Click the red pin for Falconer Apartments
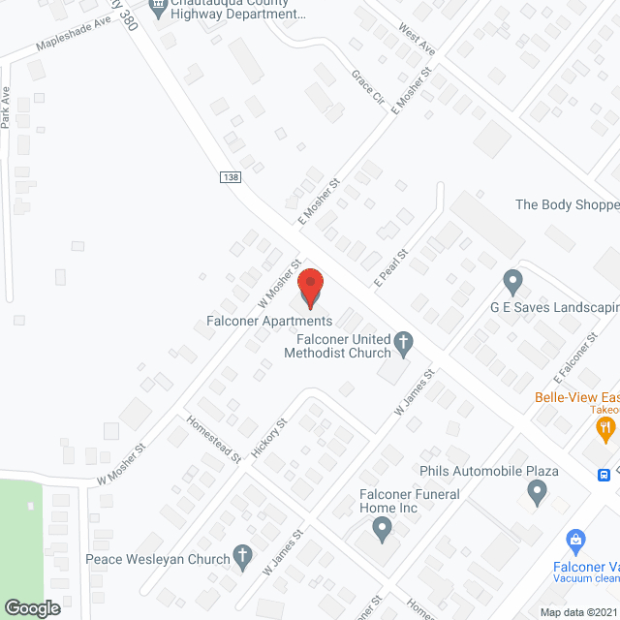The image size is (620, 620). pos(310,288)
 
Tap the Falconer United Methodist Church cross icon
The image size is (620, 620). pos(403,341)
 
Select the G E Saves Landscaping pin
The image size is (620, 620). pos(513,283)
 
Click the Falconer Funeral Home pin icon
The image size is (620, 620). pos(383,529)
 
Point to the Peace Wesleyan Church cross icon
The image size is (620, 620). pos(243,557)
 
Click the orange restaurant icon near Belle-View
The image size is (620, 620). pos(605,427)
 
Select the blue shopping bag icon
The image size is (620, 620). pos(575,540)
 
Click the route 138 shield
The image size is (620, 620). pos(230,177)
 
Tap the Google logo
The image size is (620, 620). pos(32,607)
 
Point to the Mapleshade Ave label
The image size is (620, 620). pos(75,40)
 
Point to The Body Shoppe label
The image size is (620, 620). pos(567,204)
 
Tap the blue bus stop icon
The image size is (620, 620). pos(604,475)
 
